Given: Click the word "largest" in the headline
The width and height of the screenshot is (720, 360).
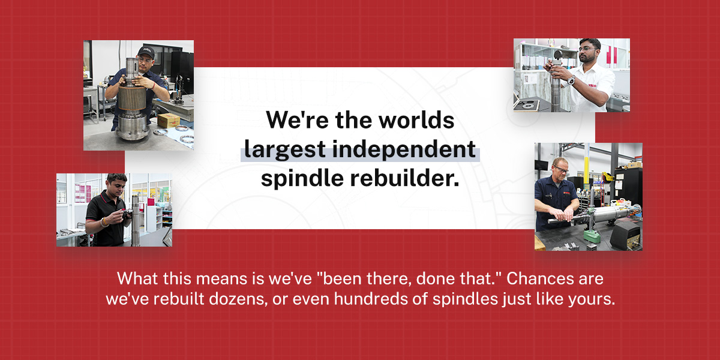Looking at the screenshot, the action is click(x=285, y=149).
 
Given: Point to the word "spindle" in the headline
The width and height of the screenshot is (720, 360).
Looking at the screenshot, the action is click(x=302, y=178).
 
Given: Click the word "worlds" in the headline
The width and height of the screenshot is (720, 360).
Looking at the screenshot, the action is click(x=416, y=120).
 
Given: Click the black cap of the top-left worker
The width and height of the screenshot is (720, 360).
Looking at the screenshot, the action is click(x=146, y=52).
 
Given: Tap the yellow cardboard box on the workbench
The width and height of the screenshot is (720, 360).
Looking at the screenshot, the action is click(x=169, y=121).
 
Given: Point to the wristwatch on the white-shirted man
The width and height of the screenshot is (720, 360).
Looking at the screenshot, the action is click(x=571, y=80).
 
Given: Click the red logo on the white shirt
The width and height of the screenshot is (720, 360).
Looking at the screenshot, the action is click(x=592, y=85).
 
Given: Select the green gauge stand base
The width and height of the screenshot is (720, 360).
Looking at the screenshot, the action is click(x=592, y=236).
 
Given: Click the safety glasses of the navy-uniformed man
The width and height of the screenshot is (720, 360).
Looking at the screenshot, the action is click(x=561, y=169).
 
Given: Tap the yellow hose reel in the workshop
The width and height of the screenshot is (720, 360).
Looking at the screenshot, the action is click(x=607, y=176).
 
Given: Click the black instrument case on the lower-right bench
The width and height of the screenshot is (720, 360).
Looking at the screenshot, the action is click(x=625, y=236).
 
